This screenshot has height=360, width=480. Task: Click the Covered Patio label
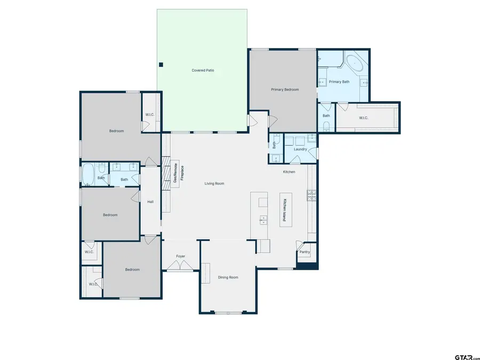[x=203, y=70]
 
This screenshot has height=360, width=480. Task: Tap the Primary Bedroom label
[x=285, y=90]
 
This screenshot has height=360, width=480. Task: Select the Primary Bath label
[x=339, y=82]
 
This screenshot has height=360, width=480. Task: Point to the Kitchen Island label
[x=285, y=210]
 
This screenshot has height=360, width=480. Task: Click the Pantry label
[x=305, y=252]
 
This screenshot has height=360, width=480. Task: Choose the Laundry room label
[x=300, y=149]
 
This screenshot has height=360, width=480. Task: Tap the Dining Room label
[x=228, y=277]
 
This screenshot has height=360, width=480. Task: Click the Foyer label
[x=181, y=257]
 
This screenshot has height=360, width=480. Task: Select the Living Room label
[x=214, y=183]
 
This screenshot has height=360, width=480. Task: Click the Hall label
[x=150, y=202]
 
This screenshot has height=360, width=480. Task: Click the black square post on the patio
[x=161, y=65]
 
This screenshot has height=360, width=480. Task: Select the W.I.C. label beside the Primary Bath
[x=363, y=118]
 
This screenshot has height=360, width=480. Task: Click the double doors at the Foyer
[x=181, y=266]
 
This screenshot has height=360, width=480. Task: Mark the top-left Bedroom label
[x=117, y=131]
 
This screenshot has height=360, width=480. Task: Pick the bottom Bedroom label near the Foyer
[x=132, y=269]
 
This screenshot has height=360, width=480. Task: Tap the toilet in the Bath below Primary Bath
[x=326, y=126]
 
